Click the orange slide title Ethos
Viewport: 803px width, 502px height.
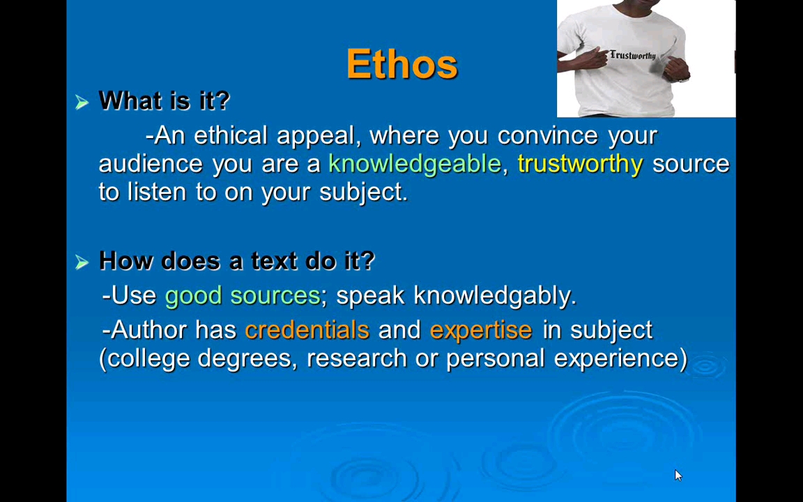401,64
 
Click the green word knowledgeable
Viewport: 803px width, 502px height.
414,164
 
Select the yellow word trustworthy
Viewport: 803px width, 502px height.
579,164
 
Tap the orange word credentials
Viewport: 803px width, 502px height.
307,330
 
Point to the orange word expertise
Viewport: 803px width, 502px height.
480,330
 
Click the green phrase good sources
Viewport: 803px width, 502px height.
242,296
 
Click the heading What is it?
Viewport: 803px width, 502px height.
164,101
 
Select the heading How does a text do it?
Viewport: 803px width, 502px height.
236,261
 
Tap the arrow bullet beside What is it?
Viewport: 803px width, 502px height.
82,102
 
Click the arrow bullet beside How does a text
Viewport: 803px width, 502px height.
82,262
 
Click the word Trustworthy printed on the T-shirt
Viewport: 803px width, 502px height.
632,56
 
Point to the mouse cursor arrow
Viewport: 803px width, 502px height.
678,475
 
